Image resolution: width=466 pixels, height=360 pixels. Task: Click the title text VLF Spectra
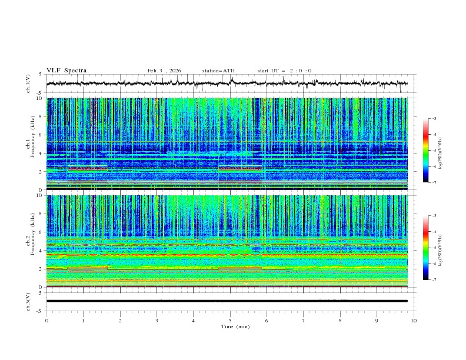click(x=66, y=71)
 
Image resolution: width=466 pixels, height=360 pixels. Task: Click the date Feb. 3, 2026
click(x=164, y=71)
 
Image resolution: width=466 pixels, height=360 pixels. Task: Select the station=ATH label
click(x=218, y=71)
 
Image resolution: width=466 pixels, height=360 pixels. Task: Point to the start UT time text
click(x=284, y=71)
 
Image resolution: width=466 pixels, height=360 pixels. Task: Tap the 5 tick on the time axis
click(x=231, y=320)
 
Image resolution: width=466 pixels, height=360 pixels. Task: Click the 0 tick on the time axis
click(x=47, y=320)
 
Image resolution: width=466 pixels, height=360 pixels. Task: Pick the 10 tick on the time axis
click(x=414, y=320)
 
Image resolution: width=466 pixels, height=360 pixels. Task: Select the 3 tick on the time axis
click(x=157, y=320)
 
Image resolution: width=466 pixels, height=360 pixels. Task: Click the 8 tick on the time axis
click(x=341, y=320)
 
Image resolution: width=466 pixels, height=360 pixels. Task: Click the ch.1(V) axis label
click(x=28, y=84)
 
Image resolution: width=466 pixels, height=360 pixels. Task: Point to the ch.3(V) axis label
click(x=28, y=301)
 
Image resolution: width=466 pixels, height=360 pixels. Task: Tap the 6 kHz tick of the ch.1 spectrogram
click(x=41, y=135)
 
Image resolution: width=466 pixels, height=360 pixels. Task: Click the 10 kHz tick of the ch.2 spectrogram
click(x=39, y=195)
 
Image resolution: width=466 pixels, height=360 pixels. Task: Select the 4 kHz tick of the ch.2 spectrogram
click(x=41, y=251)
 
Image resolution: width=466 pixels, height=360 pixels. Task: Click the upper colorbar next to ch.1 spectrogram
click(x=426, y=151)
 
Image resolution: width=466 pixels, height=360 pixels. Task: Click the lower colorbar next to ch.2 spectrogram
click(x=426, y=248)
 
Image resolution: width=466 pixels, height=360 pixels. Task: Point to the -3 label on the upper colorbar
click(x=433, y=119)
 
